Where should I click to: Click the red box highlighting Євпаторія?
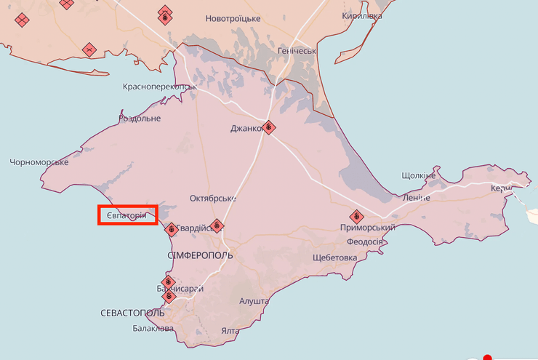[x=127, y=215]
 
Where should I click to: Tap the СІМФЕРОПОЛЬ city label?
[x=200, y=255]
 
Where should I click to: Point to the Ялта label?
[x=230, y=332]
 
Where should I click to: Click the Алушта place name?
[x=255, y=300]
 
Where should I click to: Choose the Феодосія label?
[x=365, y=241]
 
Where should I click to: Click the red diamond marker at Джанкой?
[x=269, y=127]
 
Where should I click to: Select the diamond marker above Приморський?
[x=356, y=217]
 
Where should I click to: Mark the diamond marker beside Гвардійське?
[x=216, y=226]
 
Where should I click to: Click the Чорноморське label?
[x=39, y=162]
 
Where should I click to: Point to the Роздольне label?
[x=140, y=119]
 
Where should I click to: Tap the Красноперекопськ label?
[x=160, y=86]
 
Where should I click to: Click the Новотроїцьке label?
[x=233, y=18]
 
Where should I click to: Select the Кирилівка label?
[x=364, y=15]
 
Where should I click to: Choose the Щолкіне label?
[x=419, y=175]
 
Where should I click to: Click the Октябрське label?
[x=213, y=199]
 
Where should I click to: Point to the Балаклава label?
[x=153, y=329]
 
